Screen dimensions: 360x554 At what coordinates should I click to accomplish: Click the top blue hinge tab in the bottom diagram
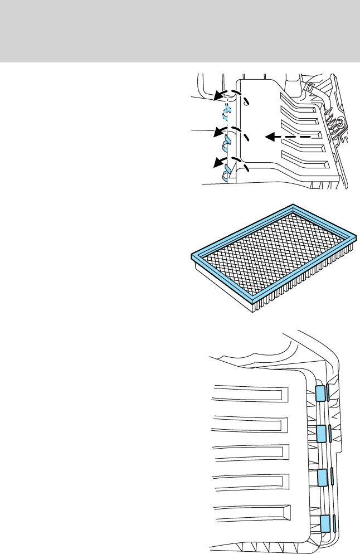320,393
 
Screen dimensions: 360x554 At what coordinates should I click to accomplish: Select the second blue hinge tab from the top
321,433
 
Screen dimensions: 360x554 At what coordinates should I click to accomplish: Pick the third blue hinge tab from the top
322,478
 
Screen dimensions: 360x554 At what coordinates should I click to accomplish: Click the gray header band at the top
180,31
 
